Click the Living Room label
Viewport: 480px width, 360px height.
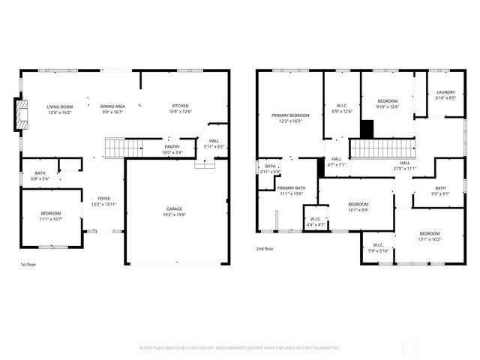[58, 106]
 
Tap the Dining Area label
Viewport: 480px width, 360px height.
[112, 106]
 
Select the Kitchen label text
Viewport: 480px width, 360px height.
[180, 106]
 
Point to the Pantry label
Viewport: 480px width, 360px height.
[172, 147]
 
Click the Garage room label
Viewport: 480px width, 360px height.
[174, 208]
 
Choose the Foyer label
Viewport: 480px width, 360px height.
[103, 199]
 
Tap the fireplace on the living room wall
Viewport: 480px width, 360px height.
[22, 115]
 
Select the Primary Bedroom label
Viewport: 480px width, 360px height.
[290, 115]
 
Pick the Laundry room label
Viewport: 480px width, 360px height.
[445, 92]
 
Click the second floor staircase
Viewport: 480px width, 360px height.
[382, 148]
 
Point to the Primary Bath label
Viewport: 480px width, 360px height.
[291, 188]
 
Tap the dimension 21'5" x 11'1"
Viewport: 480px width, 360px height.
[404, 169]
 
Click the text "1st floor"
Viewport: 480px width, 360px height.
[28, 265]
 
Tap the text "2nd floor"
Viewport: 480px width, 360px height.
[265, 249]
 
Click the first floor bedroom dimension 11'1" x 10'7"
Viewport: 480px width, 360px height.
[50, 220]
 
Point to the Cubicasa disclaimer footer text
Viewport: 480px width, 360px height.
[240, 348]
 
